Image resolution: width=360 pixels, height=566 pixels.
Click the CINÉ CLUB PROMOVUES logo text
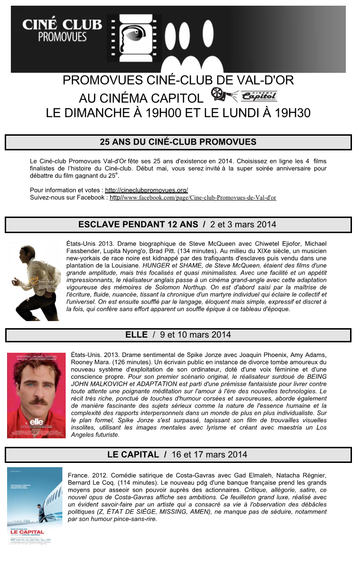62,29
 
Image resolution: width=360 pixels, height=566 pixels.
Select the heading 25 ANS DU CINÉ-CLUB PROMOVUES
178,142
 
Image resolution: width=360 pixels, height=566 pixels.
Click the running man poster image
34,280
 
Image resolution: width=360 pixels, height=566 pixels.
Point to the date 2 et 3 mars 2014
243,225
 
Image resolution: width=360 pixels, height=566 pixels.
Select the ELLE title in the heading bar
136,335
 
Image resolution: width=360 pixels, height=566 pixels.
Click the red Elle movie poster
36,395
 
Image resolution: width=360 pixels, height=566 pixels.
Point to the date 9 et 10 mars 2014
196,335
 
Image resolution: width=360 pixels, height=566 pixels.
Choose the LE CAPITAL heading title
133,455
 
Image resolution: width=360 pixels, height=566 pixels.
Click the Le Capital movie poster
35,505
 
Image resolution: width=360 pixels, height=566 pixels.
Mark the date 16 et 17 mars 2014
209,455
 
